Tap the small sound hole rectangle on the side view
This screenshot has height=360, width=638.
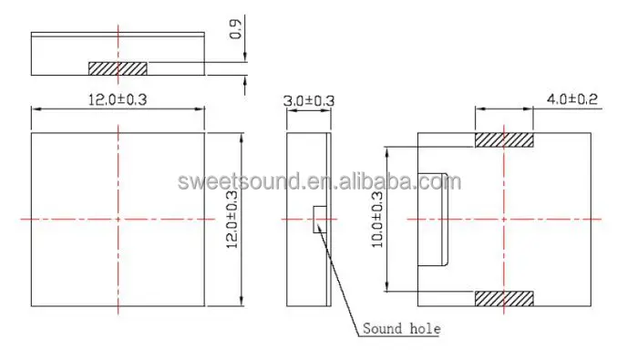click(318, 220)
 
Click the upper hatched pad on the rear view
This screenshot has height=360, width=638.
click(503, 140)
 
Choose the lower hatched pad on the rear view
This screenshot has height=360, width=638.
click(503, 299)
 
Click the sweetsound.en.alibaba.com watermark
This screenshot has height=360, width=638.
click(314, 181)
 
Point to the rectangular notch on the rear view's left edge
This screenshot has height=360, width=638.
click(432, 219)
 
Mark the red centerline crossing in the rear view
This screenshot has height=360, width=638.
click(503, 219)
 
